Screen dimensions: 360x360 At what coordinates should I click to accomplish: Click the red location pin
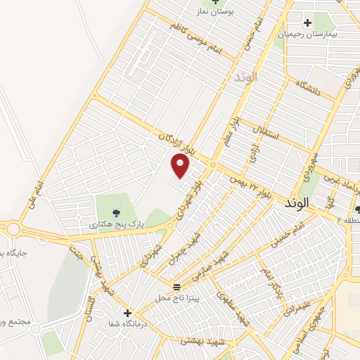click(181, 166)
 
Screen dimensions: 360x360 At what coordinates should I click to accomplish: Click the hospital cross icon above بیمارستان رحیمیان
click(308, 23)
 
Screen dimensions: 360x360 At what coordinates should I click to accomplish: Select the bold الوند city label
click(297, 202)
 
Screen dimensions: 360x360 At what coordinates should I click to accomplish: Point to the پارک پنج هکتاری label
click(116, 224)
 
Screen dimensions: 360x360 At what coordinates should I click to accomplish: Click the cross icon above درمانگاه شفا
click(127, 313)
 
